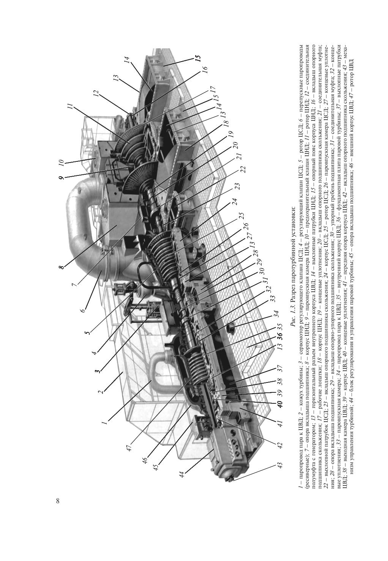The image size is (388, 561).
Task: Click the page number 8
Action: (x=58, y=501)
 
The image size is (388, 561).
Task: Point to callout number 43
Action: (x=280, y=465)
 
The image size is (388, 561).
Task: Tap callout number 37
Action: (x=280, y=368)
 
